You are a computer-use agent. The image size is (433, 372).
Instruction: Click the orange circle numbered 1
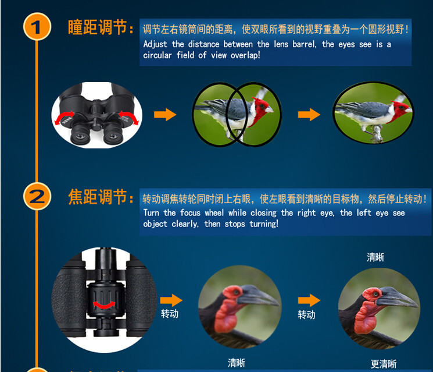pos(37,27)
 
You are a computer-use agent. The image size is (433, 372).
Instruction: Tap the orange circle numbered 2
pos(37,196)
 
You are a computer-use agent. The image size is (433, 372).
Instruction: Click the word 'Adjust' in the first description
pos(155,44)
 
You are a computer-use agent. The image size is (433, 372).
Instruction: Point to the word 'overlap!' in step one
pos(245,55)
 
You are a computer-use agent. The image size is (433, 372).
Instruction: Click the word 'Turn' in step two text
pos(151,212)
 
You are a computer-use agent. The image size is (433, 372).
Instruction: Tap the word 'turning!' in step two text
pos(264,224)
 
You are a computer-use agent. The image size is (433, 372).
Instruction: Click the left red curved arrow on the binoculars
pos(64,118)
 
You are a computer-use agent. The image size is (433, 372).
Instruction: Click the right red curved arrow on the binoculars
pos(128,118)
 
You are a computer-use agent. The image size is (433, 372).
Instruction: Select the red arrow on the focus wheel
pos(104,305)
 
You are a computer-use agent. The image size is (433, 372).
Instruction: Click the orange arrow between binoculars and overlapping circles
pos(165,115)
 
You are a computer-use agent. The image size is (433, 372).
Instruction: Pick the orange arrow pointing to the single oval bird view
pos(309,115)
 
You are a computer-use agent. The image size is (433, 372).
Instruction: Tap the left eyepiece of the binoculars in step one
pos(80,134)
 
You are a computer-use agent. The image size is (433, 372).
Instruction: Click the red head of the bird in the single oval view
pos(400,110)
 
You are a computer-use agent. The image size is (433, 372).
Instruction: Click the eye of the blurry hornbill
pos(236,292)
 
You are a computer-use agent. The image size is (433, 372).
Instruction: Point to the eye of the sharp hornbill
pos(375,294)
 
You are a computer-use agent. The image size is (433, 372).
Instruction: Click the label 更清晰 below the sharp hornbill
pos(383,364)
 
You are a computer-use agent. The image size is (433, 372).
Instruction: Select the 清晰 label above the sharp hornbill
pos(375,257)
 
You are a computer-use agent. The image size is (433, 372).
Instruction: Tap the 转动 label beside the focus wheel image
pos(170,314)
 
